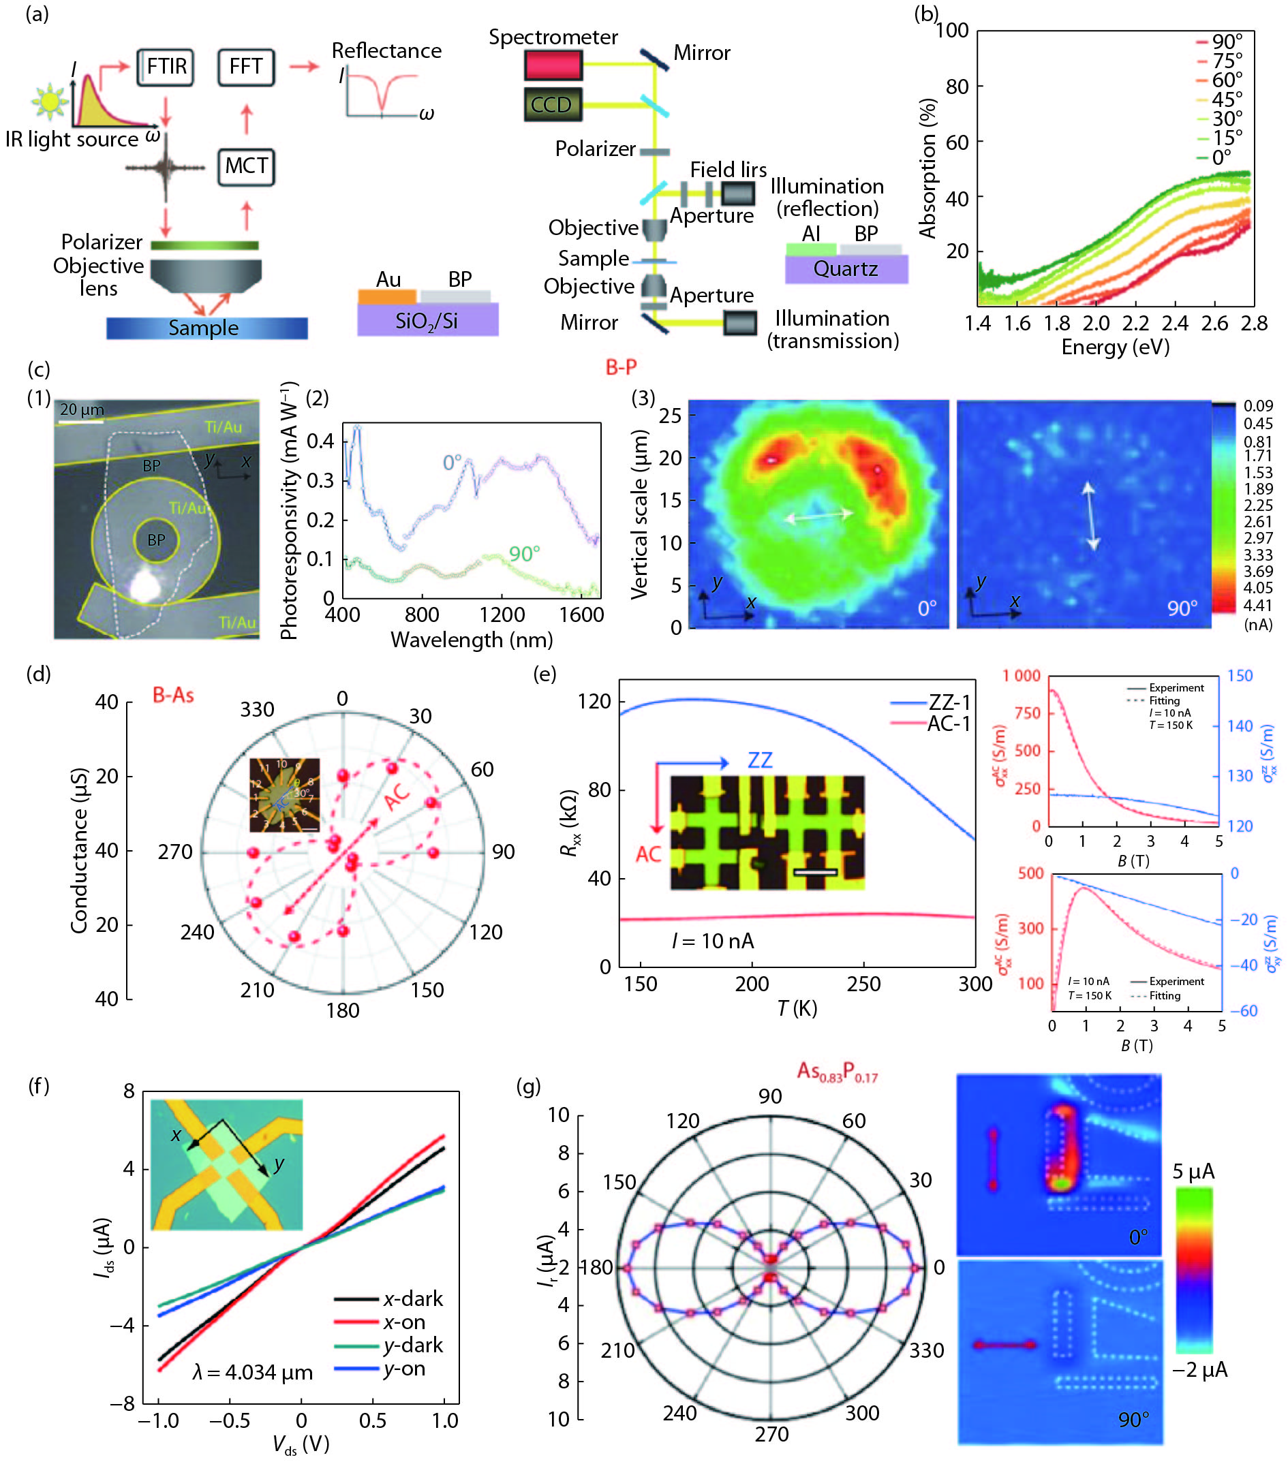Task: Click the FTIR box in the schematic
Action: (166, 67)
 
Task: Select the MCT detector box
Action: (246, 166)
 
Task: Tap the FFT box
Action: (246, 67)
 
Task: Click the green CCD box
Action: (551, 105)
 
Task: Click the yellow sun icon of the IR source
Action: (50, 100)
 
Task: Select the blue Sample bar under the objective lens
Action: (206, 328)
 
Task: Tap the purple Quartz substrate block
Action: (846, 268)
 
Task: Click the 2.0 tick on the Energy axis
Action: (1096, 324)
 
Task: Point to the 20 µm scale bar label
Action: (82, 409)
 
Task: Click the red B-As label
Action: (173, 695)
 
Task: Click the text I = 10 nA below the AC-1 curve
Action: (713, 940)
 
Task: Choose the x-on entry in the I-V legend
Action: (403, 1322)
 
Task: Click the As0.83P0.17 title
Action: (837, 1072)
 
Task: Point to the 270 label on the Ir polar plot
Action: (771, 1434)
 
